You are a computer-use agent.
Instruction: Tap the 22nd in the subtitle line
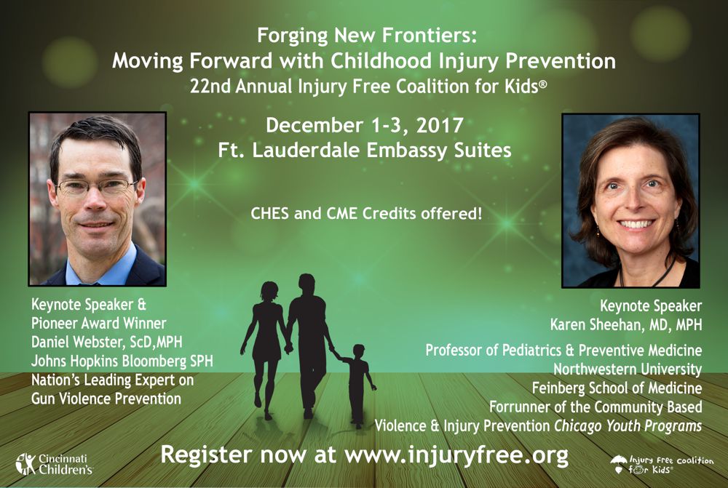coord(210,87)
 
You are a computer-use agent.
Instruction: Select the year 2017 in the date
coord(440,125)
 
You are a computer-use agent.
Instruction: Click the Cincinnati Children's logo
coord(55,464)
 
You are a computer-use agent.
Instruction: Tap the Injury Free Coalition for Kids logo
coord(662,465)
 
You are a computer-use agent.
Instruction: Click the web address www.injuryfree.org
coord(456,455)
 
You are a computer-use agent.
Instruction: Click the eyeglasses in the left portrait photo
coord(96,186)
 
